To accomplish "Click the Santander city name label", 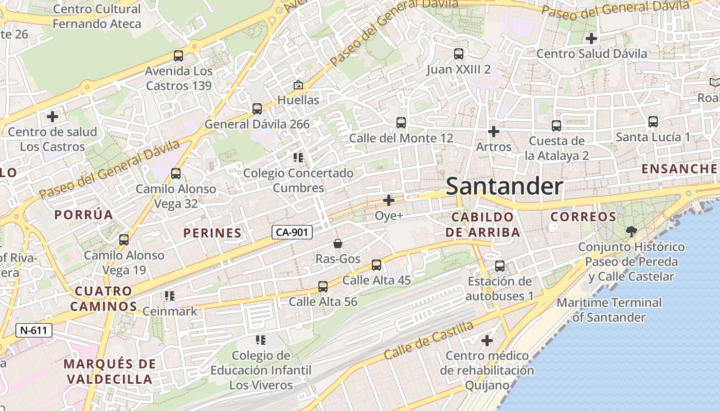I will [504, 186].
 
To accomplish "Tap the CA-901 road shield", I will [292, 233].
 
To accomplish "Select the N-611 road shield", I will [34, 330].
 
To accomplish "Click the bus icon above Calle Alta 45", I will [376, 265].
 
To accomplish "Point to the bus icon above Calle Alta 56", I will [323, 287].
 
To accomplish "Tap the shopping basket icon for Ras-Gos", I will [338, 244].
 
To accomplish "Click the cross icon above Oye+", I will [389, 200].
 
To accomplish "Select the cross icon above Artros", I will [494, 132].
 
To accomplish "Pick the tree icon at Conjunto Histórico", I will [631, 232].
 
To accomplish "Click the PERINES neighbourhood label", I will [212, 233].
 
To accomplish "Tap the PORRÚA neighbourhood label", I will [84, 215].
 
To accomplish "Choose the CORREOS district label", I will [583, 217].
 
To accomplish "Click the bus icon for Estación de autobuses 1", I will [500, 266].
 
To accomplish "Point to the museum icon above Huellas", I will [298, 85].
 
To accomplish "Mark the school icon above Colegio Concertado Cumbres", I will [298, 158].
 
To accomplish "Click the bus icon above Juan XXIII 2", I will [458, 54].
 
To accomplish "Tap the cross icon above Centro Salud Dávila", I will [591, 39].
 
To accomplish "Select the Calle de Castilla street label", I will [428, 340].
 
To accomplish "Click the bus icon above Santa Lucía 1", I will [653, 122].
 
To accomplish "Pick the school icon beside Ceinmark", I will [170, 296].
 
